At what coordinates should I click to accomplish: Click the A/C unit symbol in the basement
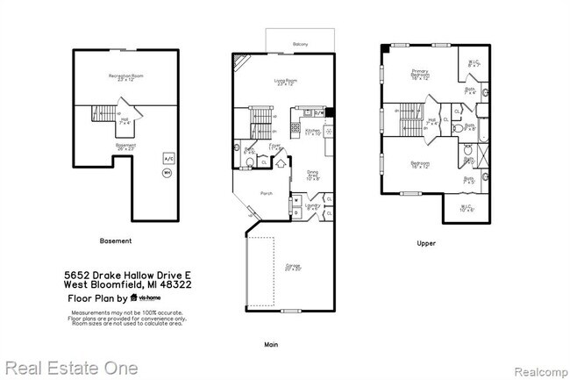click(167, 159)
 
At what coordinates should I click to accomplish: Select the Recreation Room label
click(125, 78)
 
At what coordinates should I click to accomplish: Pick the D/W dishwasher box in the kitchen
click(320, 112)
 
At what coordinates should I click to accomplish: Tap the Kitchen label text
click(312, 132)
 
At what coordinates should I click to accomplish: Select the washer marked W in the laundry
click(296, 200)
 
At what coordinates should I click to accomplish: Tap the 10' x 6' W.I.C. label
click(466, 209)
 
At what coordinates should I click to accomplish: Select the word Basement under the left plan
click(116, 241)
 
